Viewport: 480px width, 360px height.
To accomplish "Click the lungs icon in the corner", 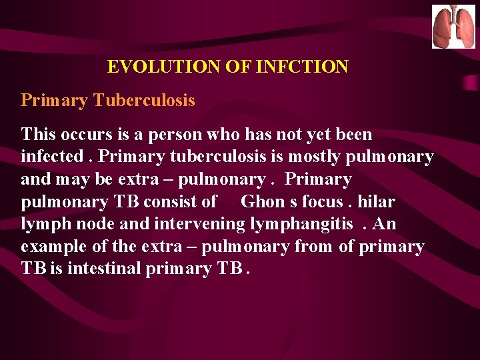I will click(453, 27).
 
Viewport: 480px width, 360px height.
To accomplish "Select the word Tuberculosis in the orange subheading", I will click(144, 101).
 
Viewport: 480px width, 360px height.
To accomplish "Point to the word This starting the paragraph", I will click(39, 135).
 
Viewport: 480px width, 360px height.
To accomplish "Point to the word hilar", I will click(376, 202).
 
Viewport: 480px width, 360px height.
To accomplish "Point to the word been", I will click(353, 135).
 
